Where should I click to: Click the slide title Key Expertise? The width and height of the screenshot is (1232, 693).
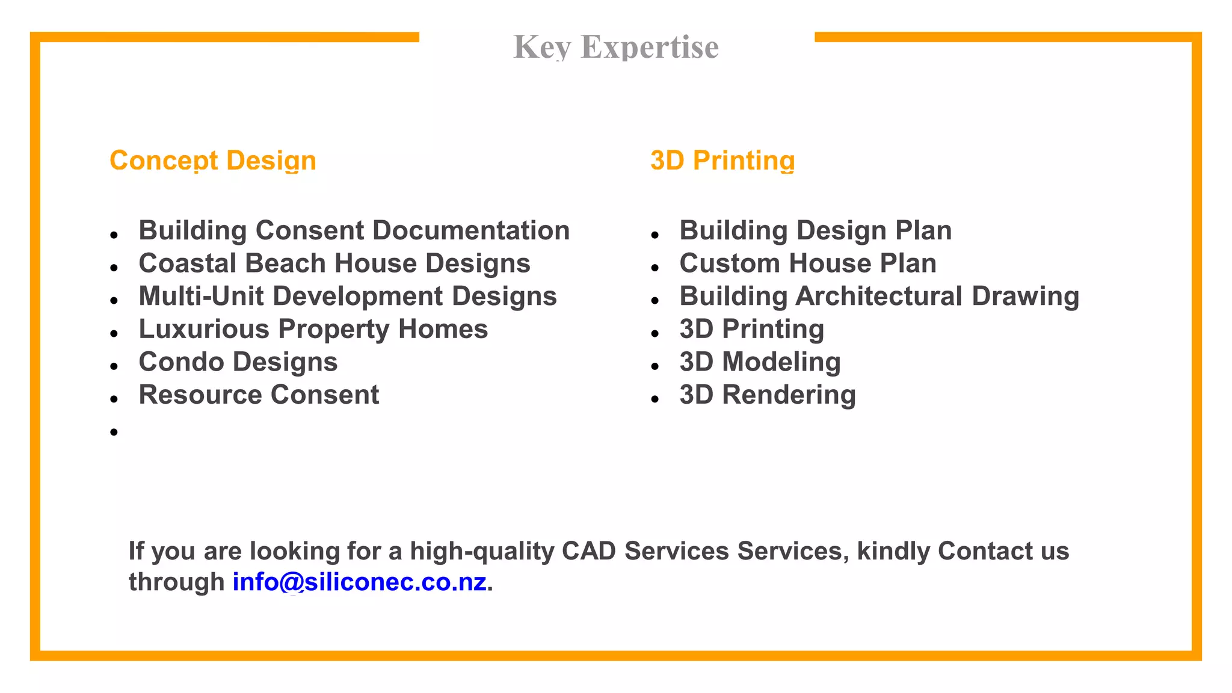click(x=616, y=47)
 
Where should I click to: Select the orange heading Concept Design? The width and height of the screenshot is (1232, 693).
click(x=213, y=161)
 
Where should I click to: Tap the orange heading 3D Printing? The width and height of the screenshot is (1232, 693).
click(x=722, y=161)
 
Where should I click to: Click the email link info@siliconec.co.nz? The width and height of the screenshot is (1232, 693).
click(x=360, y=582)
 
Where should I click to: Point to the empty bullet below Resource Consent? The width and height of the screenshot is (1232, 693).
click(x=114, y=432)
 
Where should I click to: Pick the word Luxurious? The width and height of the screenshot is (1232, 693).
click(x=204, y=329)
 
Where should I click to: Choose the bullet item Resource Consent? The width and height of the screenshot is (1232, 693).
click(x=259, y=395)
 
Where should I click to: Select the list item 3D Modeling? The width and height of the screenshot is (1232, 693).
click(x=760, y=362)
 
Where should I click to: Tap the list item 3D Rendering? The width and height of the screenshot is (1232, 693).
click(x=768, y=395)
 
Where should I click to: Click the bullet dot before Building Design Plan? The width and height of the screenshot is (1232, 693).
click(x=655, y=235)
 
